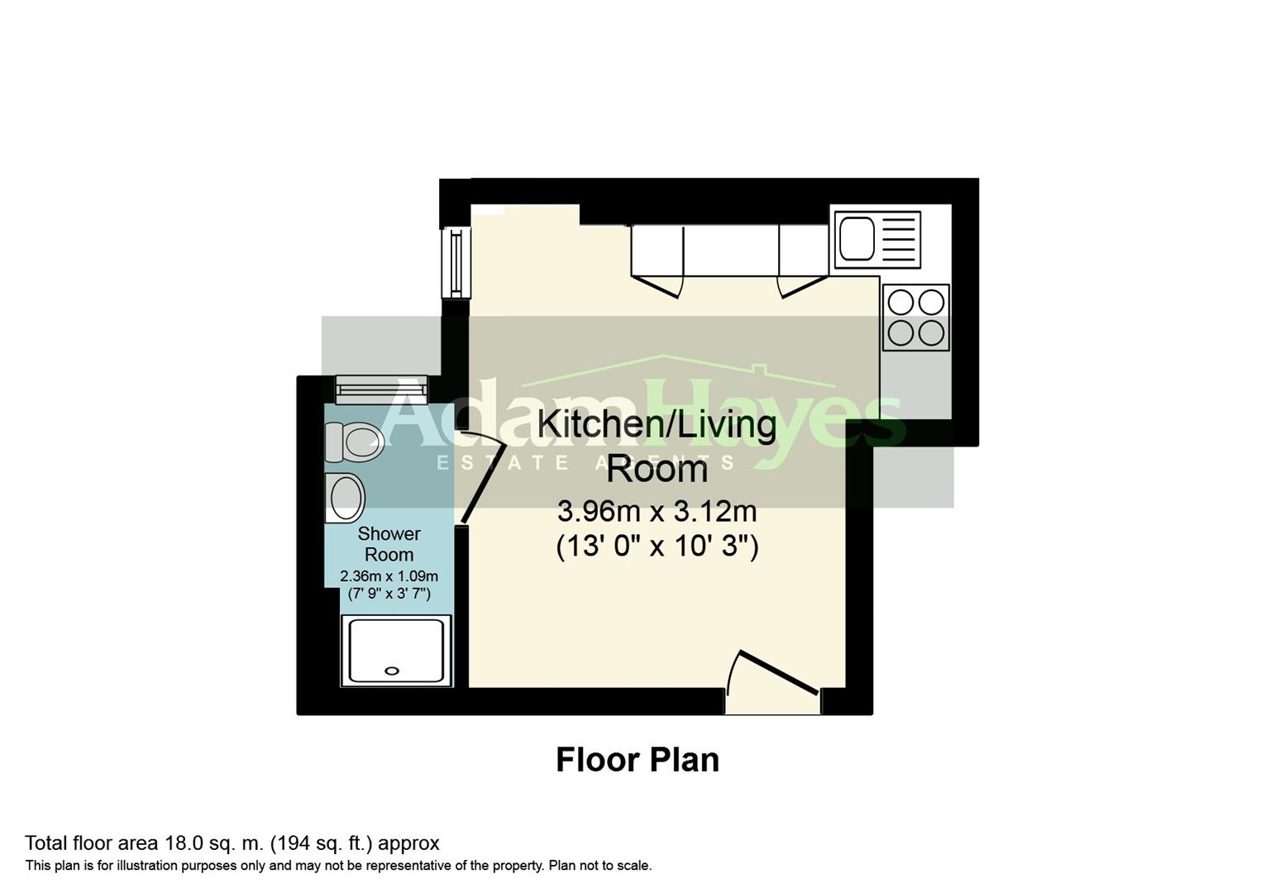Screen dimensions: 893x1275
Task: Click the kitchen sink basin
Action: pyautogui.click(x=857, y=239)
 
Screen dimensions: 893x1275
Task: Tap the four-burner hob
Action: pyautogui.click(x=915, y=318)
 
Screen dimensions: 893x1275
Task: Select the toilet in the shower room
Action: pyautogui.click(x=355, y=442)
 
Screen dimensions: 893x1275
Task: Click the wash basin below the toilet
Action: pyautogui.click(x=345, y=498)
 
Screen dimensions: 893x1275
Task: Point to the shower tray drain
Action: pyautogui.click(x=393, y=671)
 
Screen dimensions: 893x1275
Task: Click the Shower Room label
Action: pyautogui.click(x=389, y=544)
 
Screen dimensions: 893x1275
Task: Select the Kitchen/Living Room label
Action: pyautogui.click(x=657, y=446)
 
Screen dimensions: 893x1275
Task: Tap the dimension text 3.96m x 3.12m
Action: pyautogui.click(x=657, y=512)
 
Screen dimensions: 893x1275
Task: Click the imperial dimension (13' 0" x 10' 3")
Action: pyautogui.click(x=657, y=547)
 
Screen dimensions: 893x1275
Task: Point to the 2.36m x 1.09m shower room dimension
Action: pyautogui.click(x=389, y=576)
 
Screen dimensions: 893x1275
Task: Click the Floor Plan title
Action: pyautogui.click(x=637, y=760)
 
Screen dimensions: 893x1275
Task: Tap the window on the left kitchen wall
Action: pyautogui.click(x=456, y=262)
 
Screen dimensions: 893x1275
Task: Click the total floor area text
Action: pyautogui.click(x=232, y=843)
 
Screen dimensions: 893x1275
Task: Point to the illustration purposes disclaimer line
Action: pyautogui.click(x=338, y=866)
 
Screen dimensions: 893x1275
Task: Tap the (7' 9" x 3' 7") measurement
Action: pyautogui.click(x=389, y=594)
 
